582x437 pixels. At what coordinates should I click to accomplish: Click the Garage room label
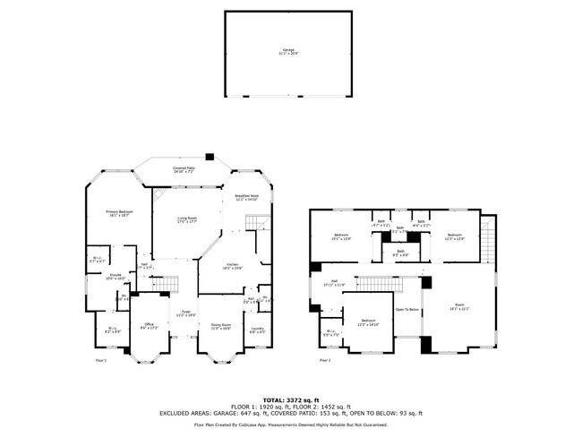(288, 51)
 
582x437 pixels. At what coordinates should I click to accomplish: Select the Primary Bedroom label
(119, 213)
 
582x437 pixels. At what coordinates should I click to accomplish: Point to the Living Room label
(186, 219)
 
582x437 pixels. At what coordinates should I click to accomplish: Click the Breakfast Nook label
(246, 198)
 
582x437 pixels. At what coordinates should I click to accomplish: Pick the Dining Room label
(220, 326)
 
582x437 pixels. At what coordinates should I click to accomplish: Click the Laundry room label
(257, 330)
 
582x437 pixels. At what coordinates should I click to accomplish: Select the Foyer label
(184, 314)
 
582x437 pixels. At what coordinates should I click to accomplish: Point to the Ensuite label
(116, 277)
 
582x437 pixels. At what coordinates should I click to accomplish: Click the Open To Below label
(407, 310)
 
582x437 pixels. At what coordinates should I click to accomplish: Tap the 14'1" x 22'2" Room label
(459, 307)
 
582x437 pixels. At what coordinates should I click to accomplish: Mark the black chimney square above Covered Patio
(210, 154)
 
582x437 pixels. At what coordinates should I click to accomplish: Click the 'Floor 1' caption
(101, 360)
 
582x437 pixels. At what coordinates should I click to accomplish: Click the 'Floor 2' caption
(325, 360)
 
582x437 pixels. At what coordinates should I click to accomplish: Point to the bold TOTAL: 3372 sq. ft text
(290, 399)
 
